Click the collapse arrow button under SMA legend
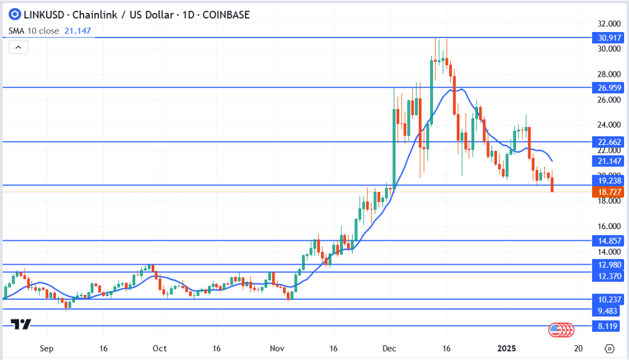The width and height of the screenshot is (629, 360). (18, 47)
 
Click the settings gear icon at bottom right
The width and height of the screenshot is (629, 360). (609, 348)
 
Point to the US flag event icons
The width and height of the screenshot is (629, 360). (561, 329)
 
